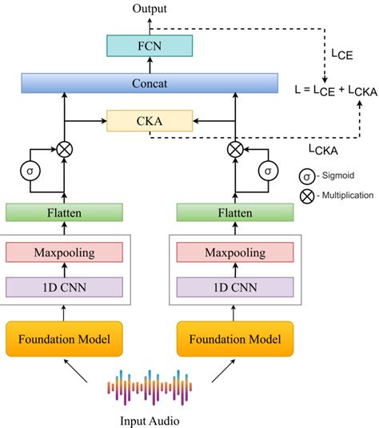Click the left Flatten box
tap(64, 212)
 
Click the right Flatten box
tap(234, 212)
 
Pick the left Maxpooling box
tap(64, 252)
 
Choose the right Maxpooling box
tap(234, 252)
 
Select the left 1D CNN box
tap(64, 285)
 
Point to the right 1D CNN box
tap(234, 285)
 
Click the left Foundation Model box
tap(64, 338)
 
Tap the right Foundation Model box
tap(234, 338)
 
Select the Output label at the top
tap(150, 8)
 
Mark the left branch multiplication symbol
tap(63, 149)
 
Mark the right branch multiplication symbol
tap(235, 149)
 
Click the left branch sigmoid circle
tap(29, 171)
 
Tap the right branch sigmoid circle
tap(269, 171)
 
